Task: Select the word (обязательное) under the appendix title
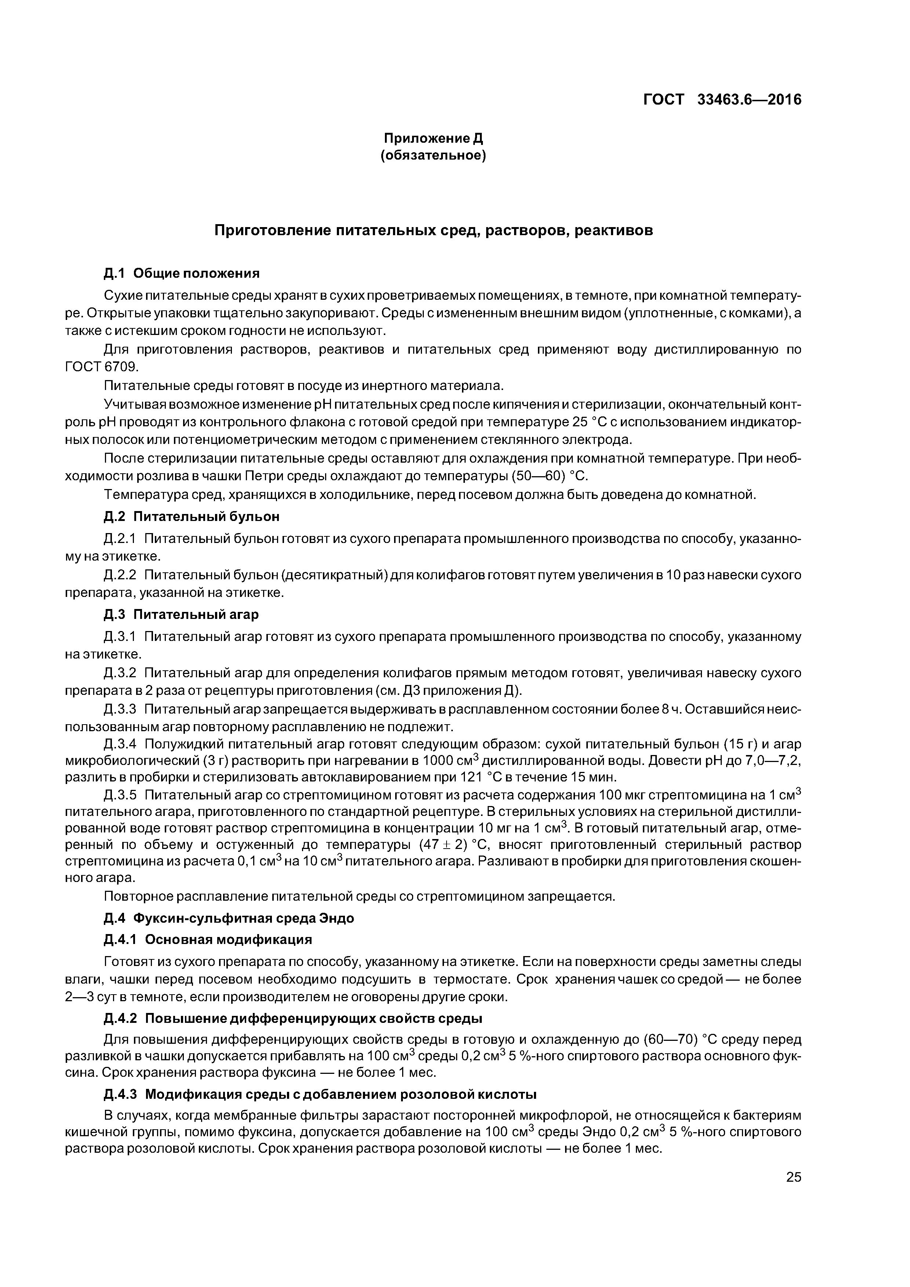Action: click(x=433, y=155)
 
